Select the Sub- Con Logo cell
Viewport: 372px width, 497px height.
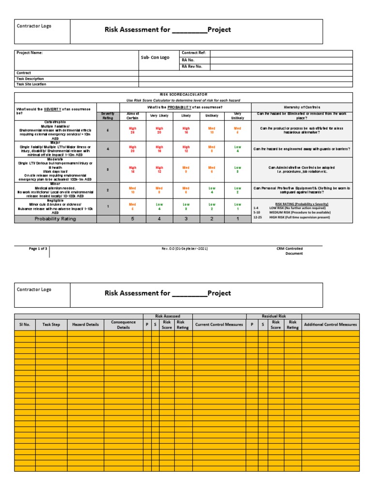pyautogui.click(x=155, y=57)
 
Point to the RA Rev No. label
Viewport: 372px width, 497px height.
pyautogui.click(x=192, y=66)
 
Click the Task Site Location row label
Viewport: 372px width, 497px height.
pyautogui.click(x=31, y=84)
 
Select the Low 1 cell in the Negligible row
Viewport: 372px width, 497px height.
pyautogui.click(x=238, y=207)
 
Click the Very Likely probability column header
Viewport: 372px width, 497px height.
pyautogui.click(x=159, y=116)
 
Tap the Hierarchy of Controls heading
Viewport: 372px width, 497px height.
pyautogui.click(x=302, y=107)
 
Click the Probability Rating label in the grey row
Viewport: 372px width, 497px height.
pyautogui.click(x=55, y=219)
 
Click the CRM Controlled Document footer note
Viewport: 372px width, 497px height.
pyautogui.click(x=290, y=250)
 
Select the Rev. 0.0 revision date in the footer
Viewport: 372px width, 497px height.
pyautogui.click(x=185, y=248)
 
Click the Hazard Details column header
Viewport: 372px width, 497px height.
pyautogui.click(x=85, y=324)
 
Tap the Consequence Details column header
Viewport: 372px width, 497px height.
pyautogui.click(x=124, y=324)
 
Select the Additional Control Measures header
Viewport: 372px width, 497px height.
pyautogui.click(x=330, y=324)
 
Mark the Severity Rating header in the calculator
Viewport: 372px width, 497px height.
pyautogui.click(x=108, y=116)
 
